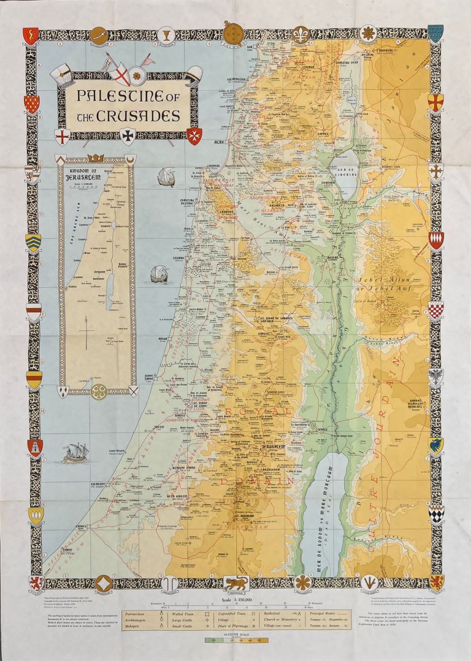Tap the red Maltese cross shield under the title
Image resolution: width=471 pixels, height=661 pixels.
(x=194, y=135)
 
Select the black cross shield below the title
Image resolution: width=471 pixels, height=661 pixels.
(x=128, y=135)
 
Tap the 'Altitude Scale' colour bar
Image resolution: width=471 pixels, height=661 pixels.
(x=235, y=641)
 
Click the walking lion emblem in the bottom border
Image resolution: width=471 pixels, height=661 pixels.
(x=235, y=583)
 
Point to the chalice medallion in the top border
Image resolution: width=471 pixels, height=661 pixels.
(x=164, y=35)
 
